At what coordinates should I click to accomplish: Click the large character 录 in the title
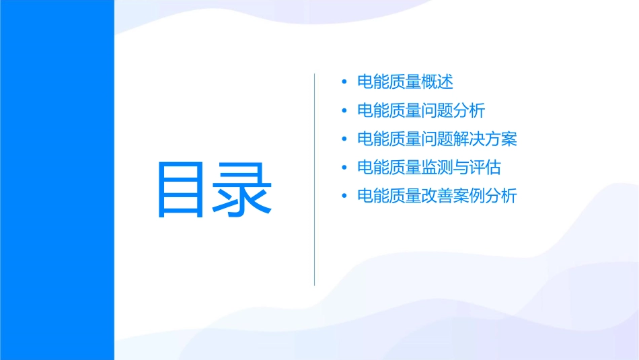click(x=243, y=189)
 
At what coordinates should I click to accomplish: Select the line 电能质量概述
click(x=405, y=82)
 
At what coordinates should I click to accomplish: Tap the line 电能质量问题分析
click(x=421, y=110)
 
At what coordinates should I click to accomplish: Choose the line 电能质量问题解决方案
click(x=437, y=139)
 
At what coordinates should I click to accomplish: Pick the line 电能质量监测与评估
click(x=429, y=168)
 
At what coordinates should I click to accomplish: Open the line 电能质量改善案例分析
click(x=437, y=196)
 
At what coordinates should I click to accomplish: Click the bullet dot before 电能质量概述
click(x=344, y=83)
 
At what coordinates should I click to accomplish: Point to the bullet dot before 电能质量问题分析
click(x=344, y=111)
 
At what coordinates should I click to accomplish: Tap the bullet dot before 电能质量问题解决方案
click(x=344, y=140)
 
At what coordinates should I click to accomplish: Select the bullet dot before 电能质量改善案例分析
click(x=344, y=197)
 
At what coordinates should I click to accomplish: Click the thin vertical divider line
click(x=315, y=179)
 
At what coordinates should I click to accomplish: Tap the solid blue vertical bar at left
click(x=57, y=180)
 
